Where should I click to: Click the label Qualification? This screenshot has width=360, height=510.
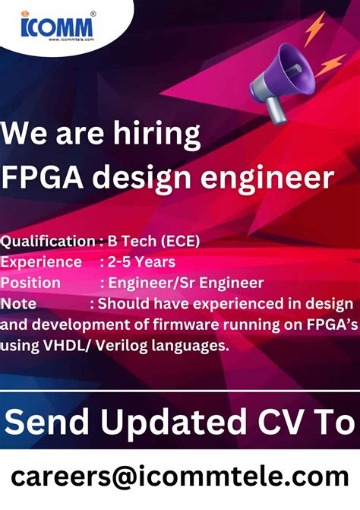[47, 242]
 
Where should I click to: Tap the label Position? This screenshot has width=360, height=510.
[30, 283]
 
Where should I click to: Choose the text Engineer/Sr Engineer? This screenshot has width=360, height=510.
[185, 283]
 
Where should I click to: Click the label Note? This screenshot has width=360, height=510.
[19, 304]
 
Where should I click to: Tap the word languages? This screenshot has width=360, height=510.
[190, 346]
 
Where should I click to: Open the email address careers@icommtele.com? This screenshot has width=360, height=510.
[180, 477]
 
